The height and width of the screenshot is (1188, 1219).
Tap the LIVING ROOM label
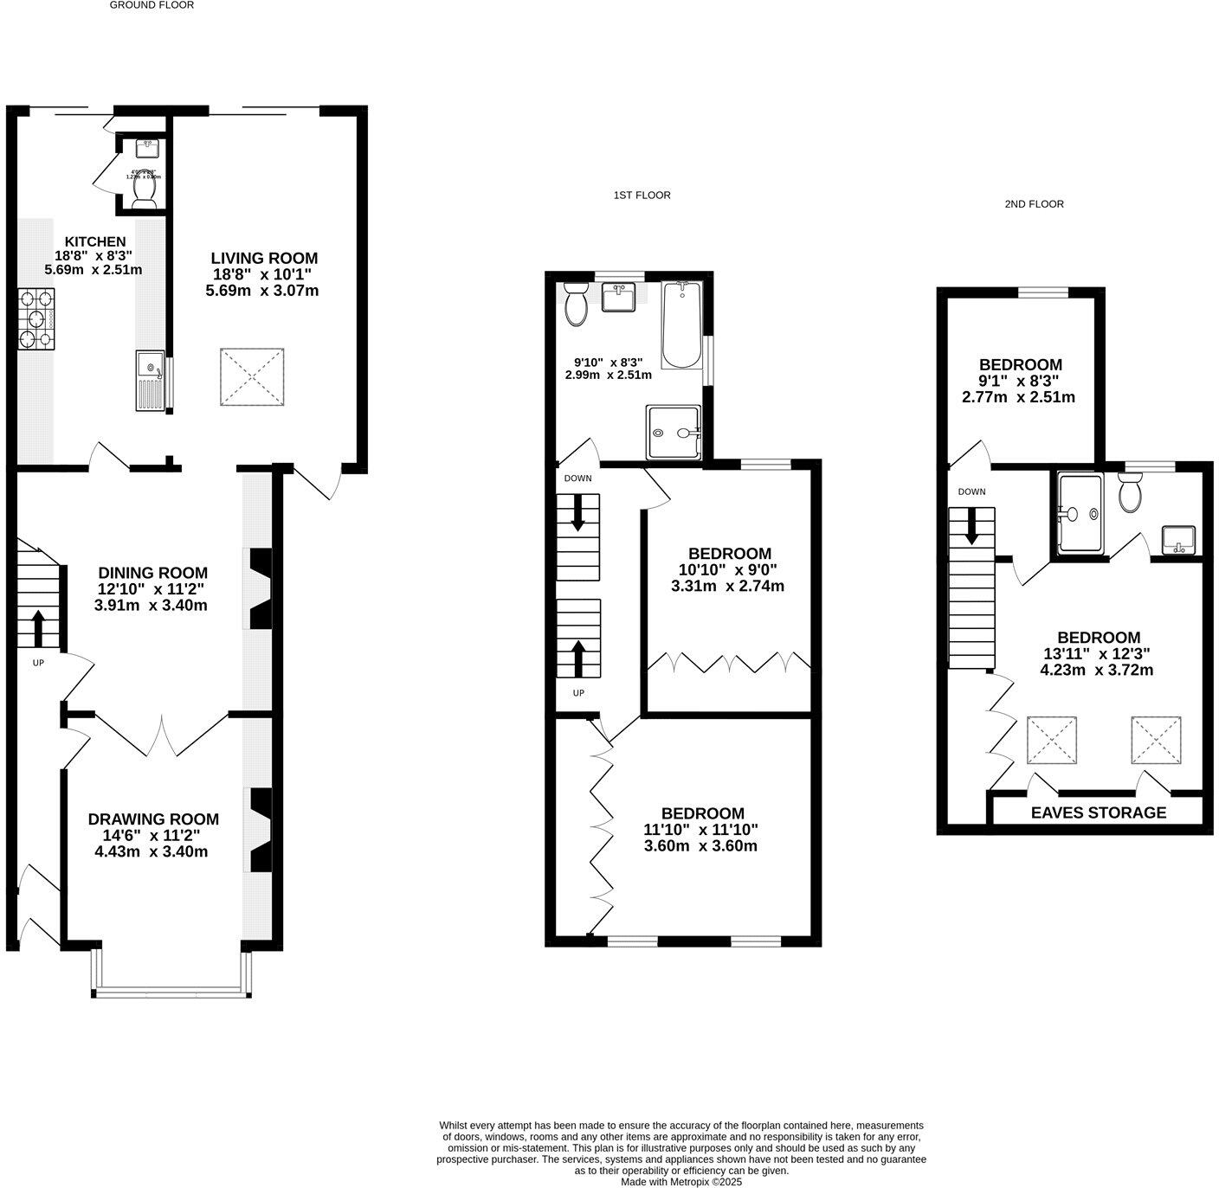pyautogui.click(x=264, y=258)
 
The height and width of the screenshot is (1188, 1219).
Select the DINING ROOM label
pyautogui.click(x=152, y=573)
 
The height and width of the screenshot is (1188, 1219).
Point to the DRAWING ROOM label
pyautogui.click(x=153, y=819)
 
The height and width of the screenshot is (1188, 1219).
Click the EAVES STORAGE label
pyautogui.click(x=1098, y=812)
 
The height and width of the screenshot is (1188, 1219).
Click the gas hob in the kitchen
pyautogui.click(x=36, y=318)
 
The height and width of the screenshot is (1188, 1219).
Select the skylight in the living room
pyautogui.click(x=252, y=376)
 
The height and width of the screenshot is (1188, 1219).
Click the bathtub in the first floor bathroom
pyautogui.click(x=682, y=324)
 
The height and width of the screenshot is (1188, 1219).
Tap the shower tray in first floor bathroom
pyautogui.click(x=673, y=433)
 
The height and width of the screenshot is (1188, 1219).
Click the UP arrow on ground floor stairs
pyautogui.click(x=38, y=628)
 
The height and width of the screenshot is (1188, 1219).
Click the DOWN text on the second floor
pyautogui.click(x=971, y=491)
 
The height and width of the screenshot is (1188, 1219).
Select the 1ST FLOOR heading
pyautogui.click(x=642, y=196)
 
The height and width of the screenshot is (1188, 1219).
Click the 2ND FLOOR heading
pyautogui.click(x=1034, y=204)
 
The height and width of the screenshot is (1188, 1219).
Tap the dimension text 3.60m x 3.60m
pyautogui.click(x=700, y=845)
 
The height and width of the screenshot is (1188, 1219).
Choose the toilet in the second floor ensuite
pyautogui.click(x=1131, y=494)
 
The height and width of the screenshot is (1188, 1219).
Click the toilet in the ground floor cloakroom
pyautogui.click(x=143, y=187)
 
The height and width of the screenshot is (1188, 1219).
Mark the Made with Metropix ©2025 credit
pyautogui.click(x=681, y=1181)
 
